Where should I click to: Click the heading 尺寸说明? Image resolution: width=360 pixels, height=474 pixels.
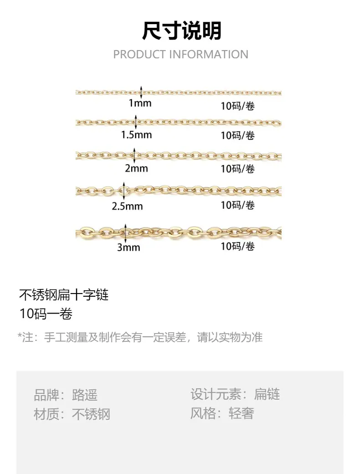pyautogui.click(x=182, y=31)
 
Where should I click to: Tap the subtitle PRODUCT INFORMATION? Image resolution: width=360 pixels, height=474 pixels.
pyautogui.click(x=181, y=54)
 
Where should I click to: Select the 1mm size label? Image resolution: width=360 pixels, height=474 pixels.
pyautogui.click(x=140, y=103)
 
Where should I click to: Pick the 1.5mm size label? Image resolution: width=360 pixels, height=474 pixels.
pyautogui.click(x=136, y=134)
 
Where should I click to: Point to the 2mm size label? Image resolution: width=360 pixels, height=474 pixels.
pyautogui.click(x=136, y=168)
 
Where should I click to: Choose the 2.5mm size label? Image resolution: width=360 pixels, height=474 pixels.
pyautogui.click(x=127, y=206)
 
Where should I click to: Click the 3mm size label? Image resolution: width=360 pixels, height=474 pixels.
pyautogui.click(x=129, y=247)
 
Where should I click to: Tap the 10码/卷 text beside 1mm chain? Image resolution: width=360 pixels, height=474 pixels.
pyautogui.click(x=237, y=106)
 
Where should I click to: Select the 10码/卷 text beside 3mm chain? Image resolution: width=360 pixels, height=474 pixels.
pyautogui.click(x=237, y=247)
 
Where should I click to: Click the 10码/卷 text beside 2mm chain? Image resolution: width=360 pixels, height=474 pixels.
pyautogui.click(x=237, y=169)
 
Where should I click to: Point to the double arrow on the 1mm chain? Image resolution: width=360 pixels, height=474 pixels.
pyautogui.click(x=141, y=92)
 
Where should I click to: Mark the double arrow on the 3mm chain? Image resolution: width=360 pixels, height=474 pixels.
pyautogui.click(x=126, y=233)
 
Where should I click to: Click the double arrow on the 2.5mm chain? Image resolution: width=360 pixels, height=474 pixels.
pyautogui.click(x=123, y=191)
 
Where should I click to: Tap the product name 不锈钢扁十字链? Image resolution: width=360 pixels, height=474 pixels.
pyautogui.click(x=64, y=295)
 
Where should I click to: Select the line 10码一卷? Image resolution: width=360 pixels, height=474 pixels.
pyautogui.click(x=46, y=314)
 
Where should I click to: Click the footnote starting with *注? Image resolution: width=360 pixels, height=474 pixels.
pyautogui.click(x=140, y=337)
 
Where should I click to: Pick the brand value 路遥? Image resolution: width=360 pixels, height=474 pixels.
pyautogui.click(x=85, y=395)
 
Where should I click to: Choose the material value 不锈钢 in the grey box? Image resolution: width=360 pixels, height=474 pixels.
pyautogui.click(x=91, y=414)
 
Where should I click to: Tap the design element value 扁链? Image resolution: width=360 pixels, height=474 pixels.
pyautogui.click(x=267, y=394)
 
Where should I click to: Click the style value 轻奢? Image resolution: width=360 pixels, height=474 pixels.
pyautogui.click(x=241, y=413)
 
